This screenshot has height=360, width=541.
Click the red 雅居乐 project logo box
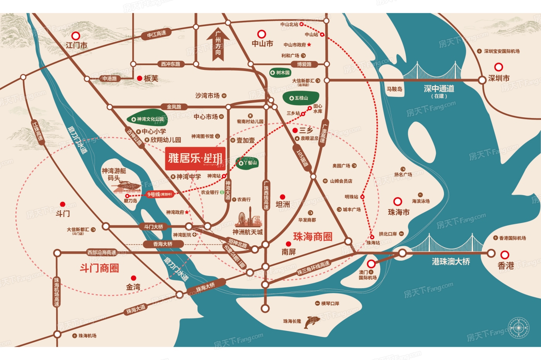(196, 159)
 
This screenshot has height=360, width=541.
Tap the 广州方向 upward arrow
(218, 45)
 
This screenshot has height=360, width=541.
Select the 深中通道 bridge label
(439, 89)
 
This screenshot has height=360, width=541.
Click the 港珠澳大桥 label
(451, 262)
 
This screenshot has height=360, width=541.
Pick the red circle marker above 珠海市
(398, 201)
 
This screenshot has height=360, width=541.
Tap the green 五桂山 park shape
(301, 98)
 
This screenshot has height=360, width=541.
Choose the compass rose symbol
(518, 328)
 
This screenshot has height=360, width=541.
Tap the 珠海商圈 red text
(313, 237)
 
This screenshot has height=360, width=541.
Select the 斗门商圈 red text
(99, 268)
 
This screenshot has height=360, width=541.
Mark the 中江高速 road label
(157, 34)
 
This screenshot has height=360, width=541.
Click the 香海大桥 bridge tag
(163, 244)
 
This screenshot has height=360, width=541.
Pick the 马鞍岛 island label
(395, 89)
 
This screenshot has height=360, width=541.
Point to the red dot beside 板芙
(140, 78)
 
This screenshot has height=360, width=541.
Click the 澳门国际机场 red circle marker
(371, 264)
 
